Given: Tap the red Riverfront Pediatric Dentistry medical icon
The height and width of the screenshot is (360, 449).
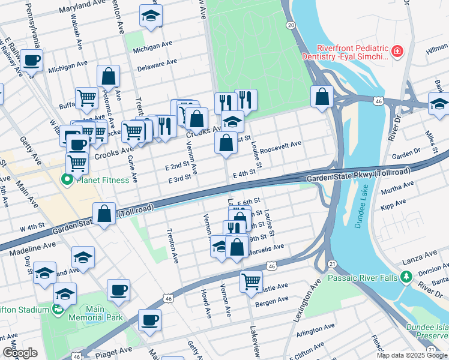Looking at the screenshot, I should tap(396, 52).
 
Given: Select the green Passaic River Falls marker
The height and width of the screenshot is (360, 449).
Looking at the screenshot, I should tap(406, 277).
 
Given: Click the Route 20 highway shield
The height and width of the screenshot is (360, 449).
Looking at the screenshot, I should tap(291, 25).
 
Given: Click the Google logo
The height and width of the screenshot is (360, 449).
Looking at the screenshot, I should tap(20, 353).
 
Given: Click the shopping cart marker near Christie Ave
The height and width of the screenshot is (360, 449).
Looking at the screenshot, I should tap(251, 280).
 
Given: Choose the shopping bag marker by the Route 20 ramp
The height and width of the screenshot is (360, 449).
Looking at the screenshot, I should tap(322, 97).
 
